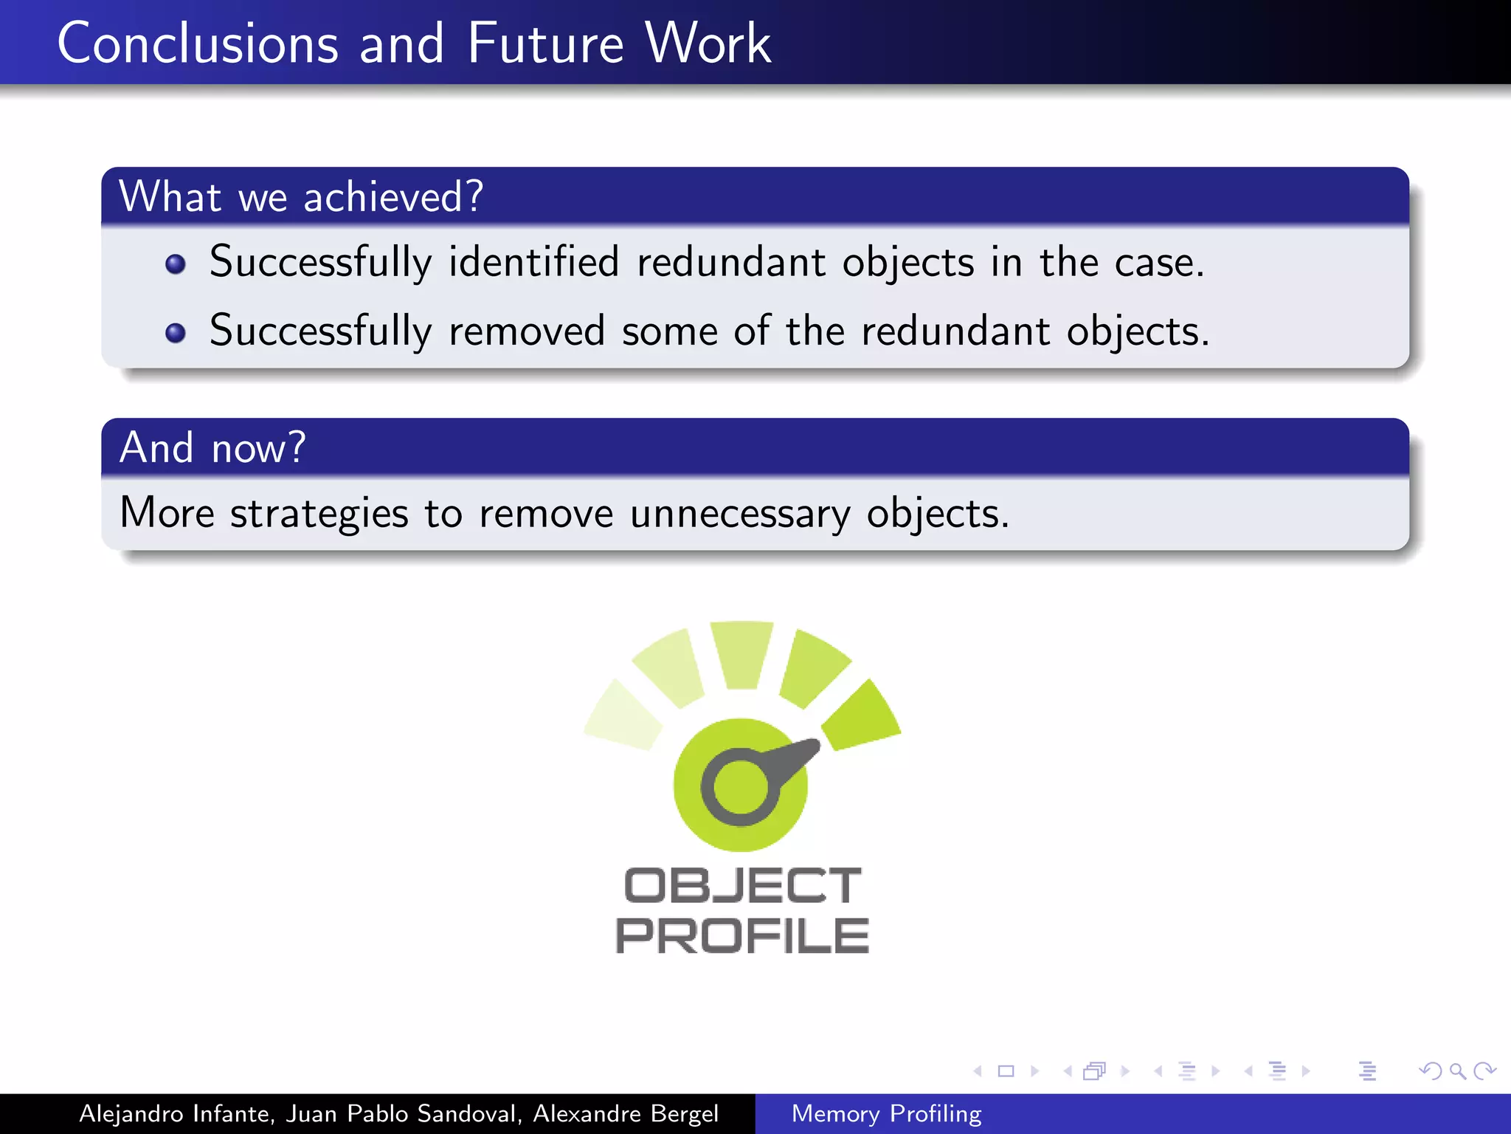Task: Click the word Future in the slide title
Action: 546,44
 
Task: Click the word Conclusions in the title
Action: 198,44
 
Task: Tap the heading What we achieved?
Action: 301,197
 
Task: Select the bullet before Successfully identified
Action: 176,264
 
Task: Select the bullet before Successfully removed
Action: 176,333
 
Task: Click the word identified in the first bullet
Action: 533,262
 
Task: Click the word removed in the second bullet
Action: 527,331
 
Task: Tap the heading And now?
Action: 212,448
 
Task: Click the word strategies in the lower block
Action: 319,514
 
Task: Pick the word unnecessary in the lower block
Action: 739,514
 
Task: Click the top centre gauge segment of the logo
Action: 741,653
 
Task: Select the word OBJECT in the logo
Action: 742,886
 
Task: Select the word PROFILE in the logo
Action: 742,936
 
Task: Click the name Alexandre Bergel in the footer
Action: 626,1113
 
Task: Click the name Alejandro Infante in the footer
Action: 176,1113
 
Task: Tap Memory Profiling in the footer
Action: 886,1113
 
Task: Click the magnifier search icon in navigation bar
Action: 1456,1071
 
